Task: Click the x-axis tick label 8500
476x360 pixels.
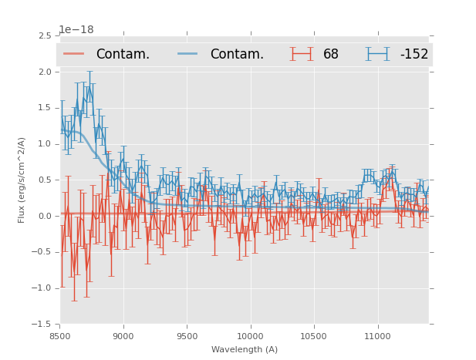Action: pyautogui.click(x=60, y=336)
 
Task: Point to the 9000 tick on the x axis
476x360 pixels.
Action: pyautogui.click(x=123, y=336)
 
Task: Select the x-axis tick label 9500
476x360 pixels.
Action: pyautogui.click(x=187, y=336)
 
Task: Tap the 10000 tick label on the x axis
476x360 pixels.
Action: pyautogui.click(x=250, y=336)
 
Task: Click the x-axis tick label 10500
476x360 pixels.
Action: pyautogui.click(x=314, y=336)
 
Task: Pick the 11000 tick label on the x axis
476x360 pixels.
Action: pyautogui.click(x=377, y=336)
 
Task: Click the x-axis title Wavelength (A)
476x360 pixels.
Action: pyautogui.click(x=245, y=349)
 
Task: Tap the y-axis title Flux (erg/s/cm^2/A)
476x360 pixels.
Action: pyautogui.click(x=22, y=180)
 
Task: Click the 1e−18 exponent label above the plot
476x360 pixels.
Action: pyautogui.click(x=76, y=30)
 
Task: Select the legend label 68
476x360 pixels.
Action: pyautogui.click(x=331, y=55)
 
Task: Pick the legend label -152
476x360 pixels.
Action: pyautogui.click(x=414, y=55)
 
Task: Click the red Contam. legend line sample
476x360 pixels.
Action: pyautogui.click(x=74, y=54)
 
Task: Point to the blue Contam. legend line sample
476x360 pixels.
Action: pyautogui.click(x=188, y=54)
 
